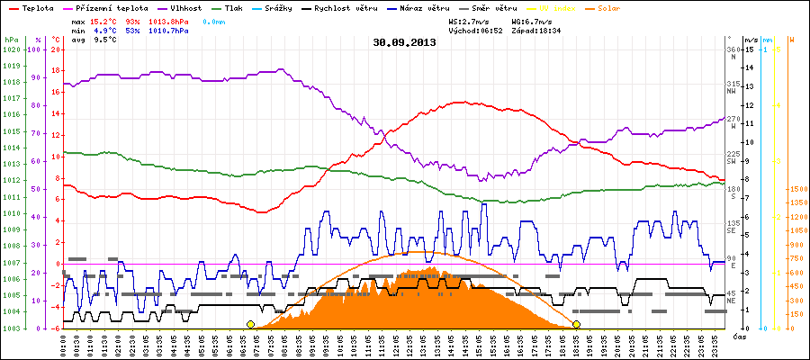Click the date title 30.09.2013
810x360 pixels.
point(404,41)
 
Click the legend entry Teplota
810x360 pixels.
point(37,7)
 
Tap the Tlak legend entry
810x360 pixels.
point(233,7)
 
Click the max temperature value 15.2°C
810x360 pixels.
point(104,20)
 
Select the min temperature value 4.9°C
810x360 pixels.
point(104,30)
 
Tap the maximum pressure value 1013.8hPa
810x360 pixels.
point(168,20)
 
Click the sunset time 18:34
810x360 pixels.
point(549,30)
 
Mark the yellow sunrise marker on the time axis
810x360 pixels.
point(250,324)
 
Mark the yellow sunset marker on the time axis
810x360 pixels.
point(576,324)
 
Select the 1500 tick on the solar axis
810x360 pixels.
point(798,189)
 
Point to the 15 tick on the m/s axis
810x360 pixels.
point(749,49)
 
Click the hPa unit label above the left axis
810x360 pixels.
point(10,40)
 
